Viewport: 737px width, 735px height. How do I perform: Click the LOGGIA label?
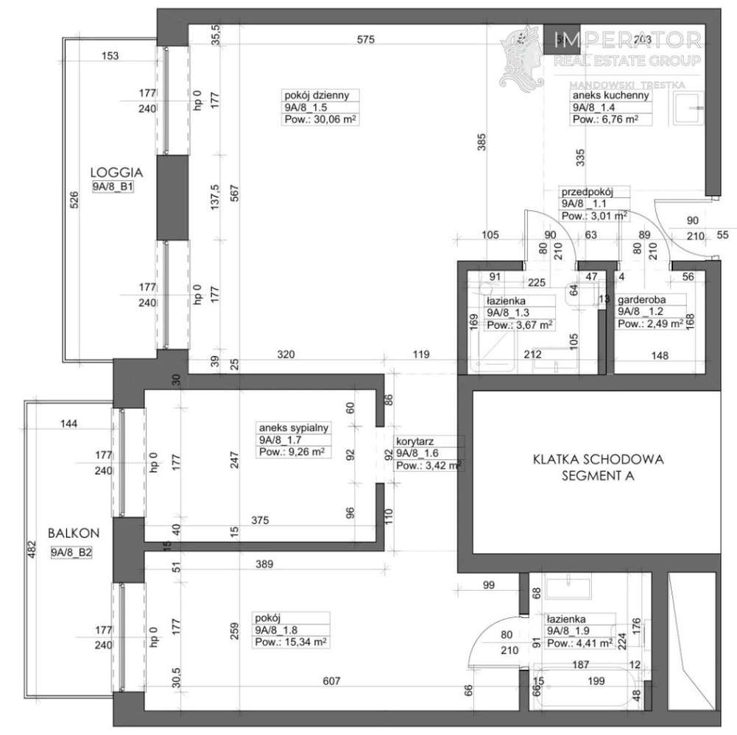(x=111, y=172)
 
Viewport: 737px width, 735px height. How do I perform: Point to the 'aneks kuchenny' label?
(x=600, y=95)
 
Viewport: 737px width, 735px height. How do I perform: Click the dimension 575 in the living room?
(x=366, y=40)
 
